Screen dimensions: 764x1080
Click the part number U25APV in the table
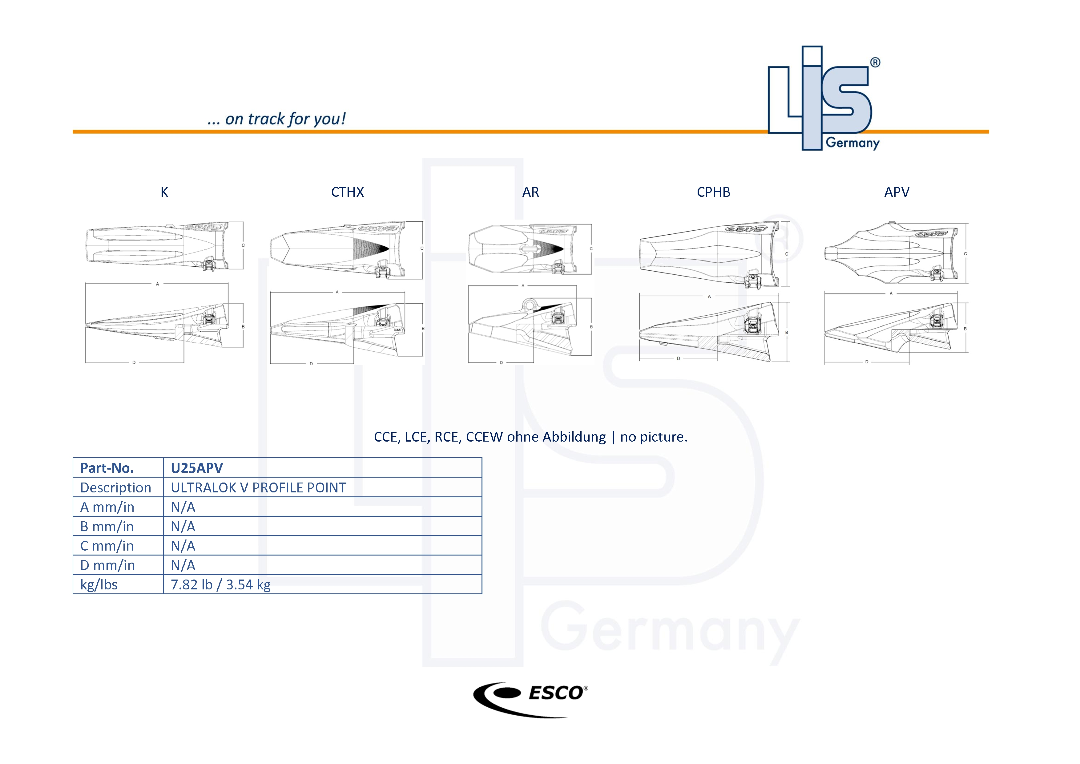(197, 468)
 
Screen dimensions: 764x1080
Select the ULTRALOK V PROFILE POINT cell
(258, 488)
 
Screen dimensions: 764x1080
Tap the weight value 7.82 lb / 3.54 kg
(221, 585)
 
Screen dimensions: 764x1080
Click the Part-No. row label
(107, 468)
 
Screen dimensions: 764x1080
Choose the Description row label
(116, 488)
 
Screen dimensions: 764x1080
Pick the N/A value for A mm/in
(183, 507)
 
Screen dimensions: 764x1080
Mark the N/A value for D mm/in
(183, 565)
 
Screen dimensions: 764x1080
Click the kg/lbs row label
(99, 585)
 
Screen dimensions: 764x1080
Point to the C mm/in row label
(107, 546)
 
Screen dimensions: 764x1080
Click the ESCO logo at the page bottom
(530, 699)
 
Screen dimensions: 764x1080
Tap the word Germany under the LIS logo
(852, 143)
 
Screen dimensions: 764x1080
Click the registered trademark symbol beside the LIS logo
(875, 63)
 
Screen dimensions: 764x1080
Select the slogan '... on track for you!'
(276, 119)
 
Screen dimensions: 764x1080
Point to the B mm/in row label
(107, 527)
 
